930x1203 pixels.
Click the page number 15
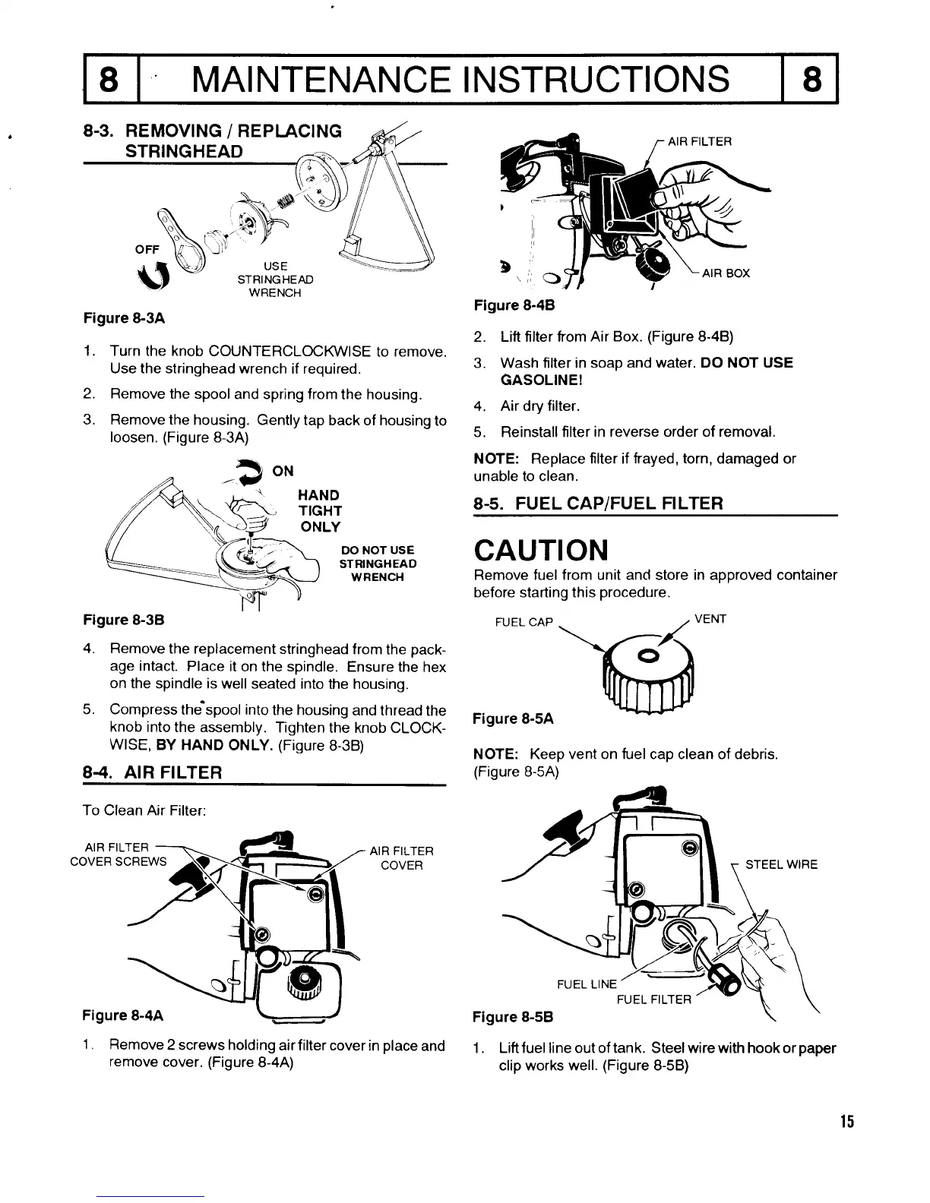coord(847,1122)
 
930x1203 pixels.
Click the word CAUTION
coord(540,548)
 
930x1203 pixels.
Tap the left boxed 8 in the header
coord(111,79)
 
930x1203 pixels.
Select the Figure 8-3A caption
coord(124,317)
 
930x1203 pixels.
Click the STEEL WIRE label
coord(781,864)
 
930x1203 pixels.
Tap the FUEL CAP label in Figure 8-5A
coord(524,623)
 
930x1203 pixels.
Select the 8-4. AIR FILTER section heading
coord(152,773)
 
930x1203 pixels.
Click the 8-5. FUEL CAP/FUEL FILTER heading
coord(598,504)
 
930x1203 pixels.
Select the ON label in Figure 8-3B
coord(283,471)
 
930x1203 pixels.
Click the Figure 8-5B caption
coord(513,1016)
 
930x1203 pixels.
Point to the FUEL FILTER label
coord(654,999)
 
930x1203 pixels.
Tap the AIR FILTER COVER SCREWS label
coord(118,854)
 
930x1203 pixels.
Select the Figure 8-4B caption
coord(514,305)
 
